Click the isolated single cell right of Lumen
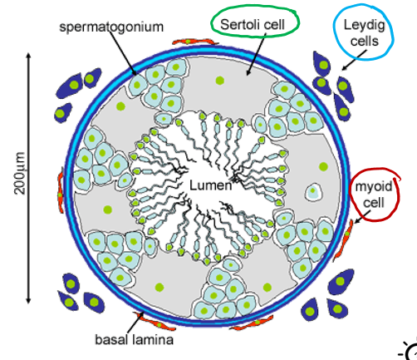(316, 192)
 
